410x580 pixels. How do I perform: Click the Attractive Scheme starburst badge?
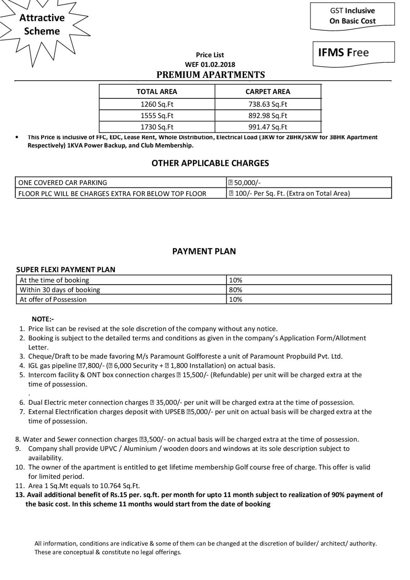coord(42,25)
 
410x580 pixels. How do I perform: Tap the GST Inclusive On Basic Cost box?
coord(352,16)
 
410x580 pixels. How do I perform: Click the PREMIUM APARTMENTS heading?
coord(211,75)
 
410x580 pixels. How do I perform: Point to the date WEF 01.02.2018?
coord(210,64)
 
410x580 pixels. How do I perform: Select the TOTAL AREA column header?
coord(157,92)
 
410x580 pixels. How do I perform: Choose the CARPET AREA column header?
coord(268,92)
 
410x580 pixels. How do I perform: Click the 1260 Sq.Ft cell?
coord(157,104)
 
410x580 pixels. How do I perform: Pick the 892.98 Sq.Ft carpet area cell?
coord(268,116)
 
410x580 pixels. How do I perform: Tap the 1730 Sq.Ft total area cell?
coord(157,127)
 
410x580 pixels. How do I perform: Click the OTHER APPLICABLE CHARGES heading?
coord(210,163)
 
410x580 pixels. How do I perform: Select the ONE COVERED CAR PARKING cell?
coord(63,183)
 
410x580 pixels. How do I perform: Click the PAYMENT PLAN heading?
coord(204,251)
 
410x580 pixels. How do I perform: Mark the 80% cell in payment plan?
coord(236,290)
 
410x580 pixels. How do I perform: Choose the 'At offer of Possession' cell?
coord(53,299)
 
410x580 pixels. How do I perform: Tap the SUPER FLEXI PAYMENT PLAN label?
coord(66,270)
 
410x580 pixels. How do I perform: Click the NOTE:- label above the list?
coord(43,319)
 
